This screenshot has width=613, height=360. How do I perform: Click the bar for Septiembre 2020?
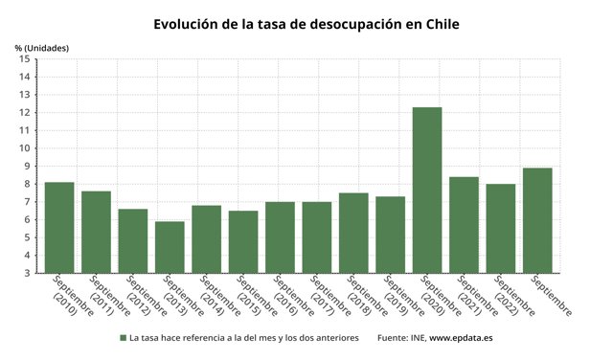(x=427, y=190)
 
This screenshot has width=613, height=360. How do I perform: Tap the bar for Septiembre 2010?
(x=59, y=227)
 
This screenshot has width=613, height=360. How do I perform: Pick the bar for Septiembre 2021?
(x=464, y=224)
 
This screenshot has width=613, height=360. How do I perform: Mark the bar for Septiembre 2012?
(x=133, y=240)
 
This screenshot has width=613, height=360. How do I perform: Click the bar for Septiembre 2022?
(x=500, y=228)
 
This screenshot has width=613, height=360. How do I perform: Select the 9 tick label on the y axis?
(x=29, y=167)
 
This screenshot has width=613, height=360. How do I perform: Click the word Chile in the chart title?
(x=439, y=24)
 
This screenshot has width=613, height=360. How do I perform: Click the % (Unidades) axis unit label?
(x=42, y=47)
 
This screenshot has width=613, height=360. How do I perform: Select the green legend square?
(x=124, y=338)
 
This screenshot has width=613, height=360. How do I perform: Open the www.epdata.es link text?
(x=461, y=338)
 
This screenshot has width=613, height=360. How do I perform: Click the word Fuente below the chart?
(x=395, y=338)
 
